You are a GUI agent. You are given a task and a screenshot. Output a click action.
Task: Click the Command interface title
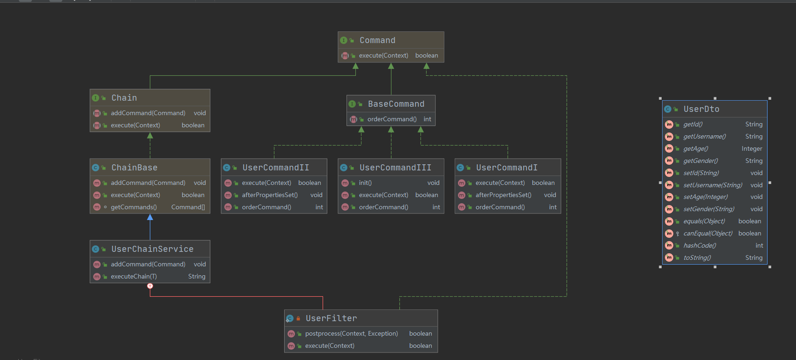[x=377, y=40]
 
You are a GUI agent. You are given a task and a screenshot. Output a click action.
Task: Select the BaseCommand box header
[x=396, y=104]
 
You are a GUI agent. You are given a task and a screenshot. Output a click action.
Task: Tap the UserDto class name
[x=701, y=109]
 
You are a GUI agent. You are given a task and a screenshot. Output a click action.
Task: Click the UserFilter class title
[x=331, y=318]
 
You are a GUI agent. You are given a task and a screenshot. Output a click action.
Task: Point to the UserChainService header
[x=152, y=249]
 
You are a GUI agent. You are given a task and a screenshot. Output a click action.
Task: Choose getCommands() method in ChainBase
[x=133, y=207]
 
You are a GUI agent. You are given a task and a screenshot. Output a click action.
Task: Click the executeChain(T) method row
[x=133, y=276]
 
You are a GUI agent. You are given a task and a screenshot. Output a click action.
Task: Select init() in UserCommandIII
[x=365, y=183]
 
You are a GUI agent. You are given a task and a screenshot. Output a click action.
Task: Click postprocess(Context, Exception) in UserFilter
[x=351, y=333]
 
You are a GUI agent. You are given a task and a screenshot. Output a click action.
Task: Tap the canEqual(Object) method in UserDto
[x=708, y=233]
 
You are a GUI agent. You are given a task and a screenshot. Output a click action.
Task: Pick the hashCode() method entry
[x=700, y=245]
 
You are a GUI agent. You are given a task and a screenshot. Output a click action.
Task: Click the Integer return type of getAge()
[x=752, y=148]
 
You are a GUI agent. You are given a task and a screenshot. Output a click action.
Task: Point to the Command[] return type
[x=188, y=207]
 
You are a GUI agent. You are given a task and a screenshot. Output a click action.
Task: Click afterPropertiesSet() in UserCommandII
[x=270, y=195]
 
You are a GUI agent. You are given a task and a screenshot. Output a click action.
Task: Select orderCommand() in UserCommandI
[x=500, y=207]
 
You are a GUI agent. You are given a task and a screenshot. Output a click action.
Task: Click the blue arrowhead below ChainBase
[x=150, y=217]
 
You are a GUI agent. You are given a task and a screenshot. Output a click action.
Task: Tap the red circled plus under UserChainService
[x=150, y=286]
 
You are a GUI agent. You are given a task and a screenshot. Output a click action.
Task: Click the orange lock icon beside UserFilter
[x=298, y=318]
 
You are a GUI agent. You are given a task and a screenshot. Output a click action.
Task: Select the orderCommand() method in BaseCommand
[x=392, y=119]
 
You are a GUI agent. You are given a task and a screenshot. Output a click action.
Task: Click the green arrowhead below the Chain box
[x=150, y=136]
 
